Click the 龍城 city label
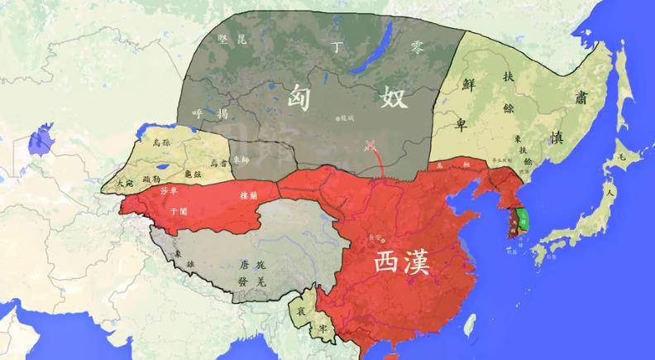click(x=346, y=118)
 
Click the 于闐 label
click(x=178, y=212)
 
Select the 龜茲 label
click(x=190, y=174)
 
